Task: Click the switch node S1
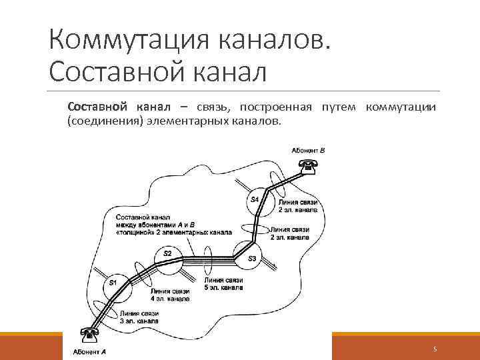coord(113,283)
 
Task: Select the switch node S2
coord(167,255)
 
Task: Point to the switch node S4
coord(255,199)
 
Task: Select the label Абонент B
coord(308,151)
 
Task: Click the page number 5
coord(435,349)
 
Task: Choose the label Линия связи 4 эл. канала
coord(170,295)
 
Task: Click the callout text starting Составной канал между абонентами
coord(173,225)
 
